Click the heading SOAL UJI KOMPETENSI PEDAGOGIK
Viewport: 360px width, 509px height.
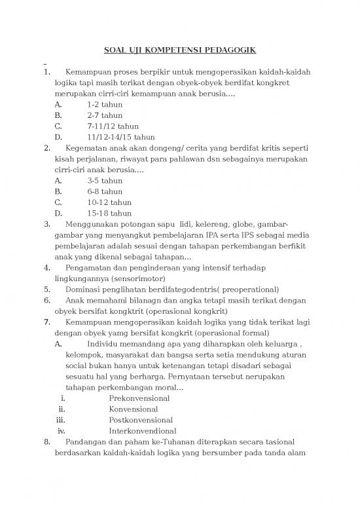181,50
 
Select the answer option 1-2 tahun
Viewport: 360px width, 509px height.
104,104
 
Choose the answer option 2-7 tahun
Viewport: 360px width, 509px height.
104,115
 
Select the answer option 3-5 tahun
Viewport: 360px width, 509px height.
104,180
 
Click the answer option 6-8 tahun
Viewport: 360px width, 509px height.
104,191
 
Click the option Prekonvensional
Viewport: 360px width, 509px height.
139,398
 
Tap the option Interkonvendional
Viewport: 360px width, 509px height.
141,430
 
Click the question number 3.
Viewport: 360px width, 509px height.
46,224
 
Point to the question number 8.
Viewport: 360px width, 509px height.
46,442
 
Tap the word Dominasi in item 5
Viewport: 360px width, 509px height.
84,289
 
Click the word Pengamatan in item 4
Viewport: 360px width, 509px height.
90,267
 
